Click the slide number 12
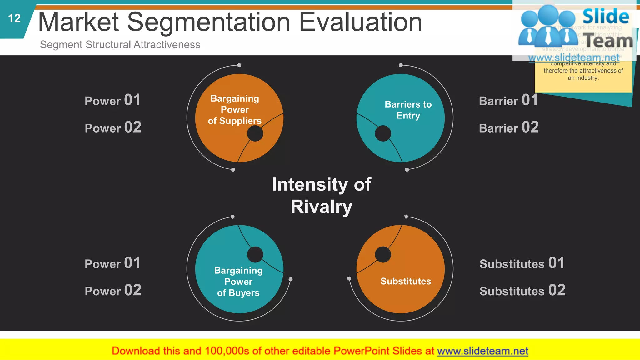pos(14,19)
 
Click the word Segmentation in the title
pos(209,22)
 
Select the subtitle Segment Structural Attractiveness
pos(120,45)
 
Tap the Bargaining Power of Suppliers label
pos(235,110)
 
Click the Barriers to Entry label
pos(408,110)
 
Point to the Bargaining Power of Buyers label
pos(238,282)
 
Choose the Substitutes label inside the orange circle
pos(406,281)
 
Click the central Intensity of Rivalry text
pos(321,195)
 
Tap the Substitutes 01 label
pos(522,263)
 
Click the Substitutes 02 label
pos(522,291)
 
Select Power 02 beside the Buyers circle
pos(113,291)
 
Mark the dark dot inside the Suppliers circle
pos(255,133)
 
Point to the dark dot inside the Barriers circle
pos(383,133)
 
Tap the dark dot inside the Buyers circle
pos(255,254)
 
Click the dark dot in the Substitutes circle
pos(383,254)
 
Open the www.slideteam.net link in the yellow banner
pos(482,351)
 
